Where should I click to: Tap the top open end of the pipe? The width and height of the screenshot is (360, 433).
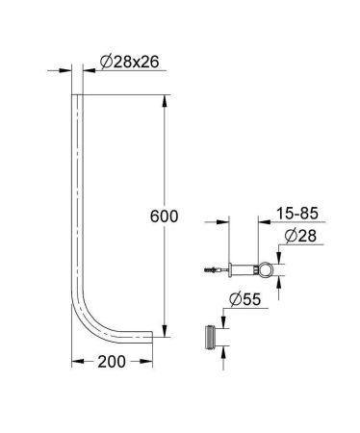(78, 94)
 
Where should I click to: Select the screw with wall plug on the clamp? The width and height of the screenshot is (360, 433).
(213, 267)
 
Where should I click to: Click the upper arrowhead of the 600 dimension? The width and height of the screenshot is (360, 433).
(167, 98)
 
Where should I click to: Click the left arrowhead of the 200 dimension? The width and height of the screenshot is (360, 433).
(78, 362)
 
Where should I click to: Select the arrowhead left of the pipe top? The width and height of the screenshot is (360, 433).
(69, 69)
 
